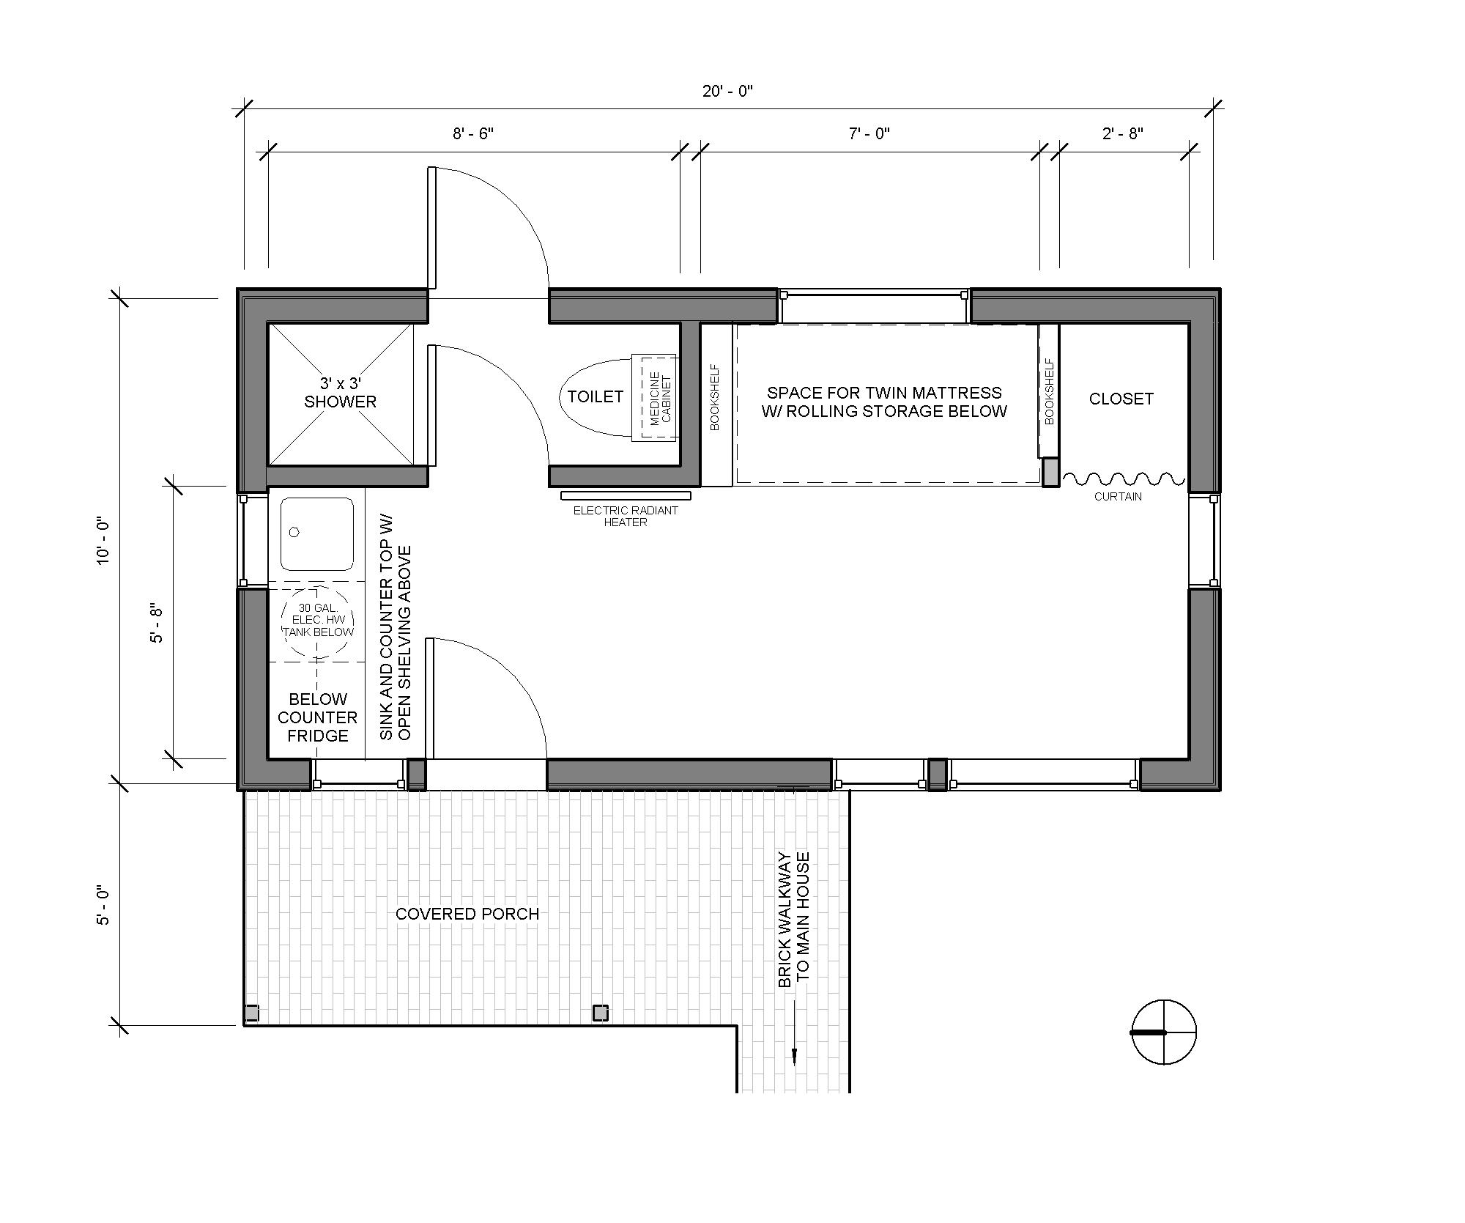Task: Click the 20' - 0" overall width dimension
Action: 727,91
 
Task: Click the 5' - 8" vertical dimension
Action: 157,624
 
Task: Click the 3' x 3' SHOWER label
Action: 341,392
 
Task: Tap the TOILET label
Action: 596,396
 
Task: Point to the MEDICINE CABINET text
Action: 660,398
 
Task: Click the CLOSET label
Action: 1121,399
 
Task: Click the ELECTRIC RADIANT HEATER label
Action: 626,516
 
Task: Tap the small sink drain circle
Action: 294,532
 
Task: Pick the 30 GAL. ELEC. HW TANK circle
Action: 318,620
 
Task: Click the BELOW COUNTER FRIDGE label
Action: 318,717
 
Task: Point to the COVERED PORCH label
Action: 467,914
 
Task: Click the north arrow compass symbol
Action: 1164,1032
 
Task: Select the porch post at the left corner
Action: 251,1013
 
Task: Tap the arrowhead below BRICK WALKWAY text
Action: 794,1056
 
